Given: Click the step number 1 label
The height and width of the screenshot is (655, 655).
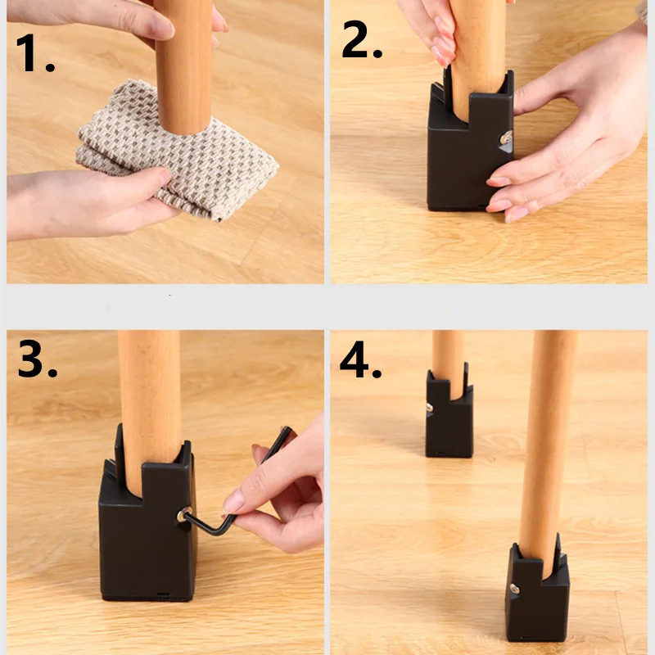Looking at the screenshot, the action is (35, 53).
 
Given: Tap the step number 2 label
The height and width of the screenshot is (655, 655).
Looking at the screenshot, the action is (362, 38).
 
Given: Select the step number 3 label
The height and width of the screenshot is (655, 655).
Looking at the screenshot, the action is (37, 359).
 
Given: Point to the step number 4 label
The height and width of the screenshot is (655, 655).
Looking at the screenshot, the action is (360, 359).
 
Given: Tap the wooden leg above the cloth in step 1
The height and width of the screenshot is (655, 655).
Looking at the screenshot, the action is (183, 67).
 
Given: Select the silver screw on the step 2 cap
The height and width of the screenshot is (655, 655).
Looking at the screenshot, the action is (506, 138).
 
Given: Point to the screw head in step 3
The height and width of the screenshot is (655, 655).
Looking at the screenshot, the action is (183, 515).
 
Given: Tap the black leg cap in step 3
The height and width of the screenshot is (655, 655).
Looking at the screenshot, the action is (147, 518).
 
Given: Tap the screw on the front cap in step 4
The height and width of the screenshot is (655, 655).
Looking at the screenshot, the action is (514, 589).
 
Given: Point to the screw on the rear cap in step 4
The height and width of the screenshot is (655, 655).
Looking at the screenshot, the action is (429, 407).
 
